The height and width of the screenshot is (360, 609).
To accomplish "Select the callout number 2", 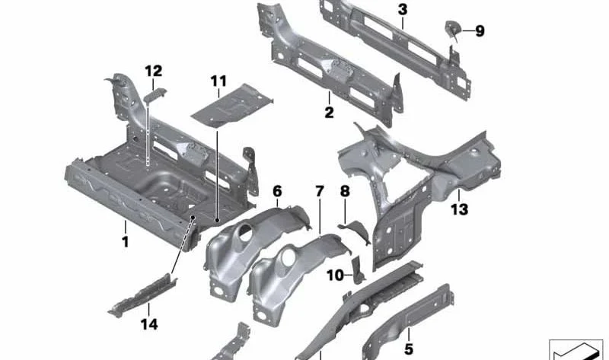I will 329,113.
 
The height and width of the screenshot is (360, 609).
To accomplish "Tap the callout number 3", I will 402,9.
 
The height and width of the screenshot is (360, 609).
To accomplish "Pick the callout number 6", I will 277,190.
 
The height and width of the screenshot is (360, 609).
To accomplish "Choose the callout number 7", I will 319,190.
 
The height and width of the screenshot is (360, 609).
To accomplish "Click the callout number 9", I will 480,31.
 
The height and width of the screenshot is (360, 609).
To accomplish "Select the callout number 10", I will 335,276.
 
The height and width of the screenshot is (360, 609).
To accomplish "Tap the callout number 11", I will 219,81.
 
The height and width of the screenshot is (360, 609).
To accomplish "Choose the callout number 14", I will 150,324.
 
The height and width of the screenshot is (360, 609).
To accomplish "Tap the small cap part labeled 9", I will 450,30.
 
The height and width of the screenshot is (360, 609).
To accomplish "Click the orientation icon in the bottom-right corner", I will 579,348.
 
